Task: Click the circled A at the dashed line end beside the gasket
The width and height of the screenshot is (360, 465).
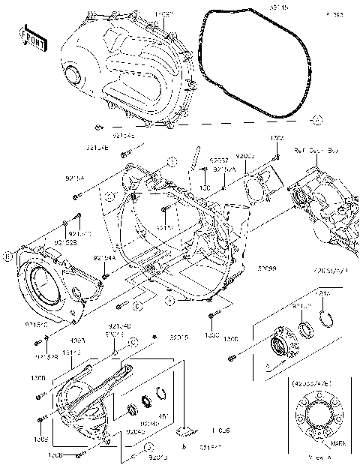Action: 316,119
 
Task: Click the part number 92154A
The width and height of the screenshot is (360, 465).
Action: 104,258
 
